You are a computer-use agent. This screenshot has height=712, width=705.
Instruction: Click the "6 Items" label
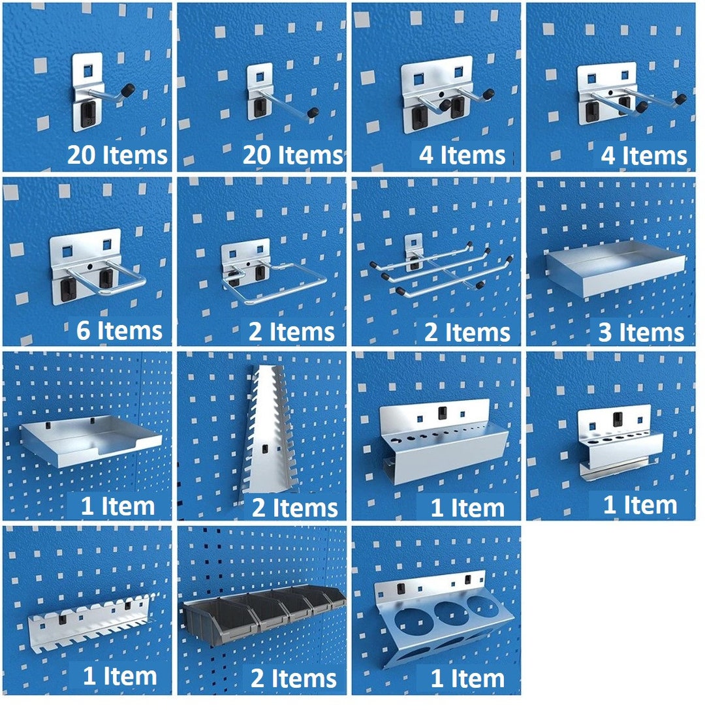click(x=119, y=331)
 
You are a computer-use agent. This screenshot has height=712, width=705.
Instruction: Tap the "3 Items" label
click(x=641, y=333)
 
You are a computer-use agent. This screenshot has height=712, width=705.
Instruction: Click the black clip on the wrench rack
click(x=265, y=449)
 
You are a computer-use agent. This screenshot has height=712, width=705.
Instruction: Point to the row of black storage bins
click(x=264, y=611)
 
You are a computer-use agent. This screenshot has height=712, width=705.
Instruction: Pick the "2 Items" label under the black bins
click(x=294, y=678)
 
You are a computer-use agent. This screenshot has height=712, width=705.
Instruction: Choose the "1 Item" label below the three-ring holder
click(x=467, y=678)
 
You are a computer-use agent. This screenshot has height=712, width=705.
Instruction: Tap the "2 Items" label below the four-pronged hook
click(x=467, y=332)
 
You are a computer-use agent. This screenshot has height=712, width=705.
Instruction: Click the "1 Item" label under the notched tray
click(x=117, y=506)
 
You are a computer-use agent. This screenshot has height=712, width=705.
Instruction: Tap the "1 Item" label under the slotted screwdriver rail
click(x=119, y=677)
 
